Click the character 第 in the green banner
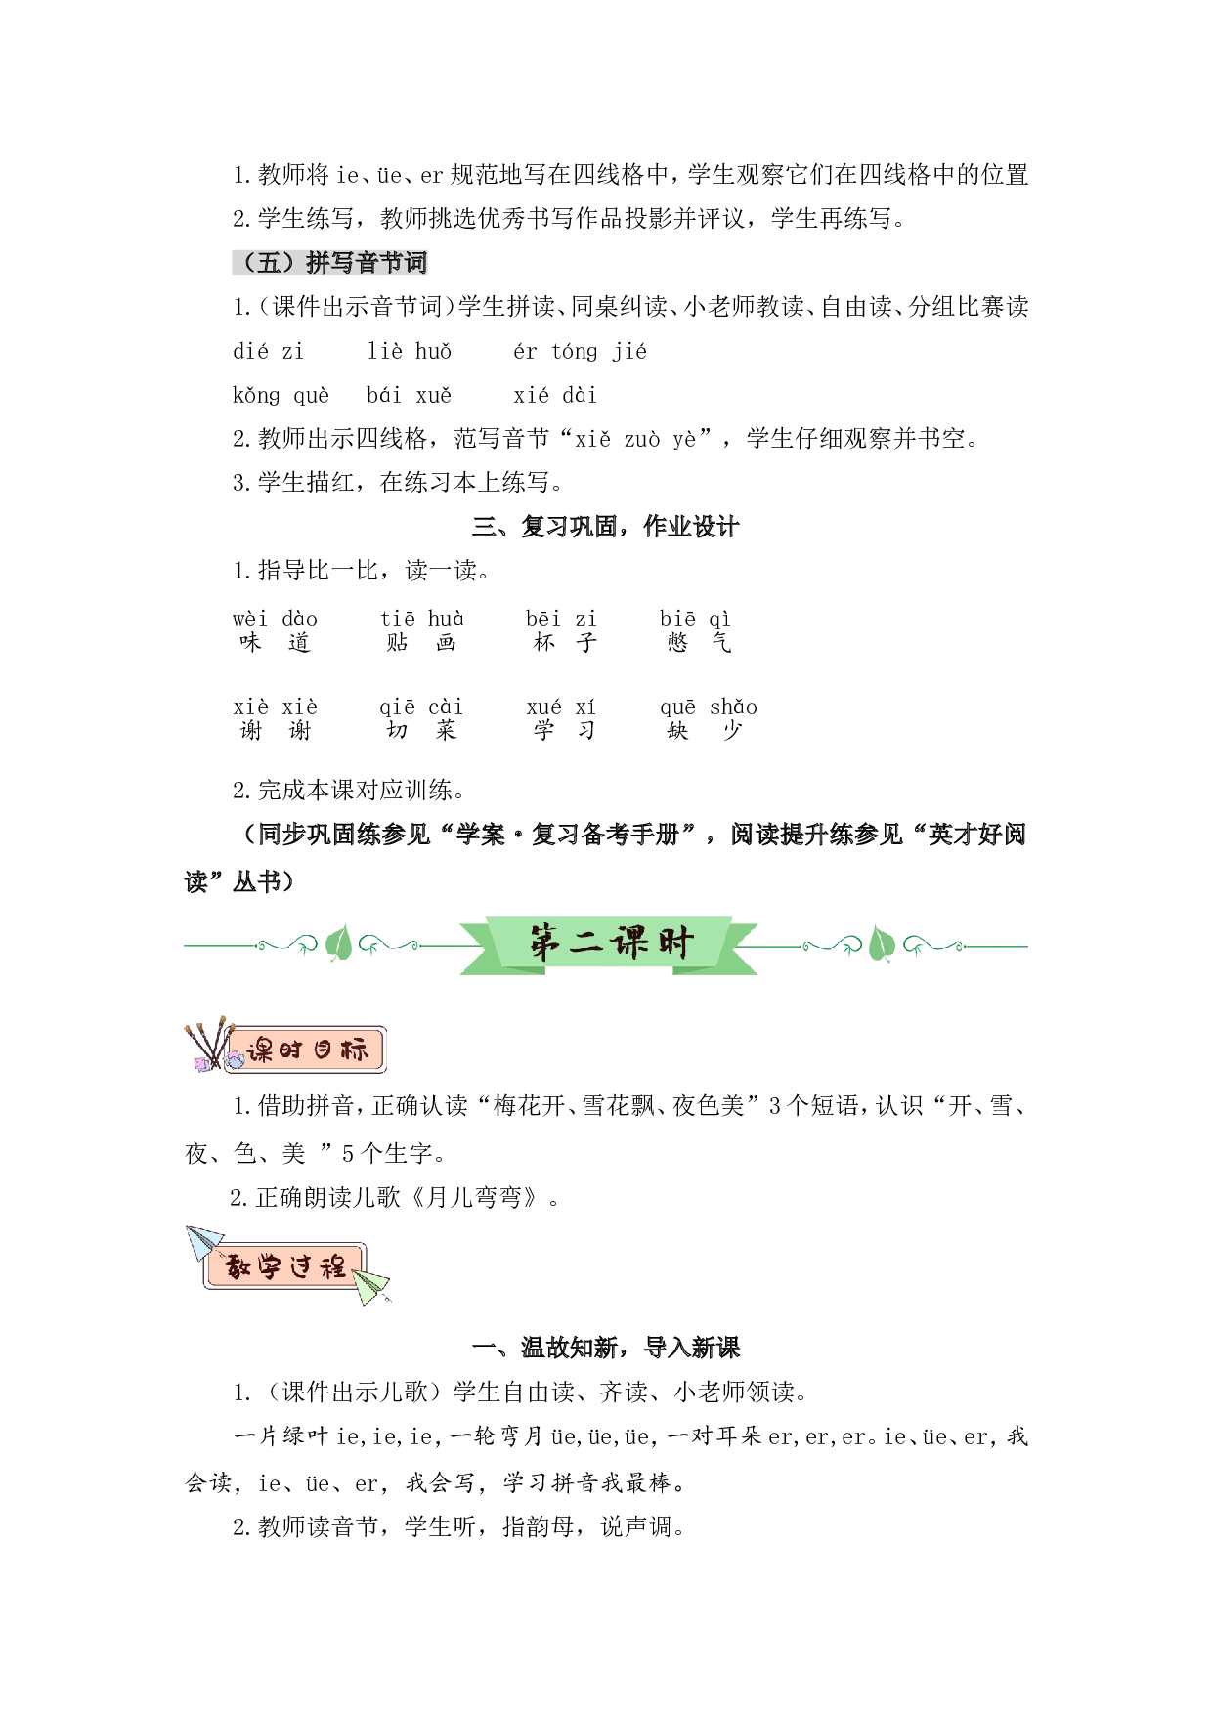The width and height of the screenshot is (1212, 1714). click(x=546, y=943)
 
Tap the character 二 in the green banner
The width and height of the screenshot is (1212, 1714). click(x=587, y=943)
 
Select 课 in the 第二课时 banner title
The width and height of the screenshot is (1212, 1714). click(x=629, y=943)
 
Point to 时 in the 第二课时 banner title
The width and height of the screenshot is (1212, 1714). click(x=675, y=943)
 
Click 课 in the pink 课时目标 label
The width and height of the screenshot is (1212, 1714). click(x=260, y=1051)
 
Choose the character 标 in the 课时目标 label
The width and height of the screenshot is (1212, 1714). click(x=354, y=1051)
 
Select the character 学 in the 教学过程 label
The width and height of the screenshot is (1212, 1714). click(x=270, y=1267)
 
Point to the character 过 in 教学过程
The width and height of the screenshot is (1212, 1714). click(x=302, y=1267)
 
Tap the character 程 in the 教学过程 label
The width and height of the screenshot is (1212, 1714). click(x=333, y=1267)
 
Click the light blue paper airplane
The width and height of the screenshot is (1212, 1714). click(x=203, y=1243)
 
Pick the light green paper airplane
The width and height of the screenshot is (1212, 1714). click(x=370, y=1285)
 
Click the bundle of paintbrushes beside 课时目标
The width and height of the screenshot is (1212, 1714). click(x=208, y=1039)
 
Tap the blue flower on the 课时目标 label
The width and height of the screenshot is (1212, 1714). click(x=236, y=1059)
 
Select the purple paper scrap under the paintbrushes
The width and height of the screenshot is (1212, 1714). click(x=202, y=1064)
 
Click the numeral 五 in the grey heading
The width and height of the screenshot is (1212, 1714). click(x=269, y=263)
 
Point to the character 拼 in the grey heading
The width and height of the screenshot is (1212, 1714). click(x=318, y=263)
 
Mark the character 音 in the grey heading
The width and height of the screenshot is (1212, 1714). click(x=367, y=263)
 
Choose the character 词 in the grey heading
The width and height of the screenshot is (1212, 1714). click(x=415, y=263)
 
